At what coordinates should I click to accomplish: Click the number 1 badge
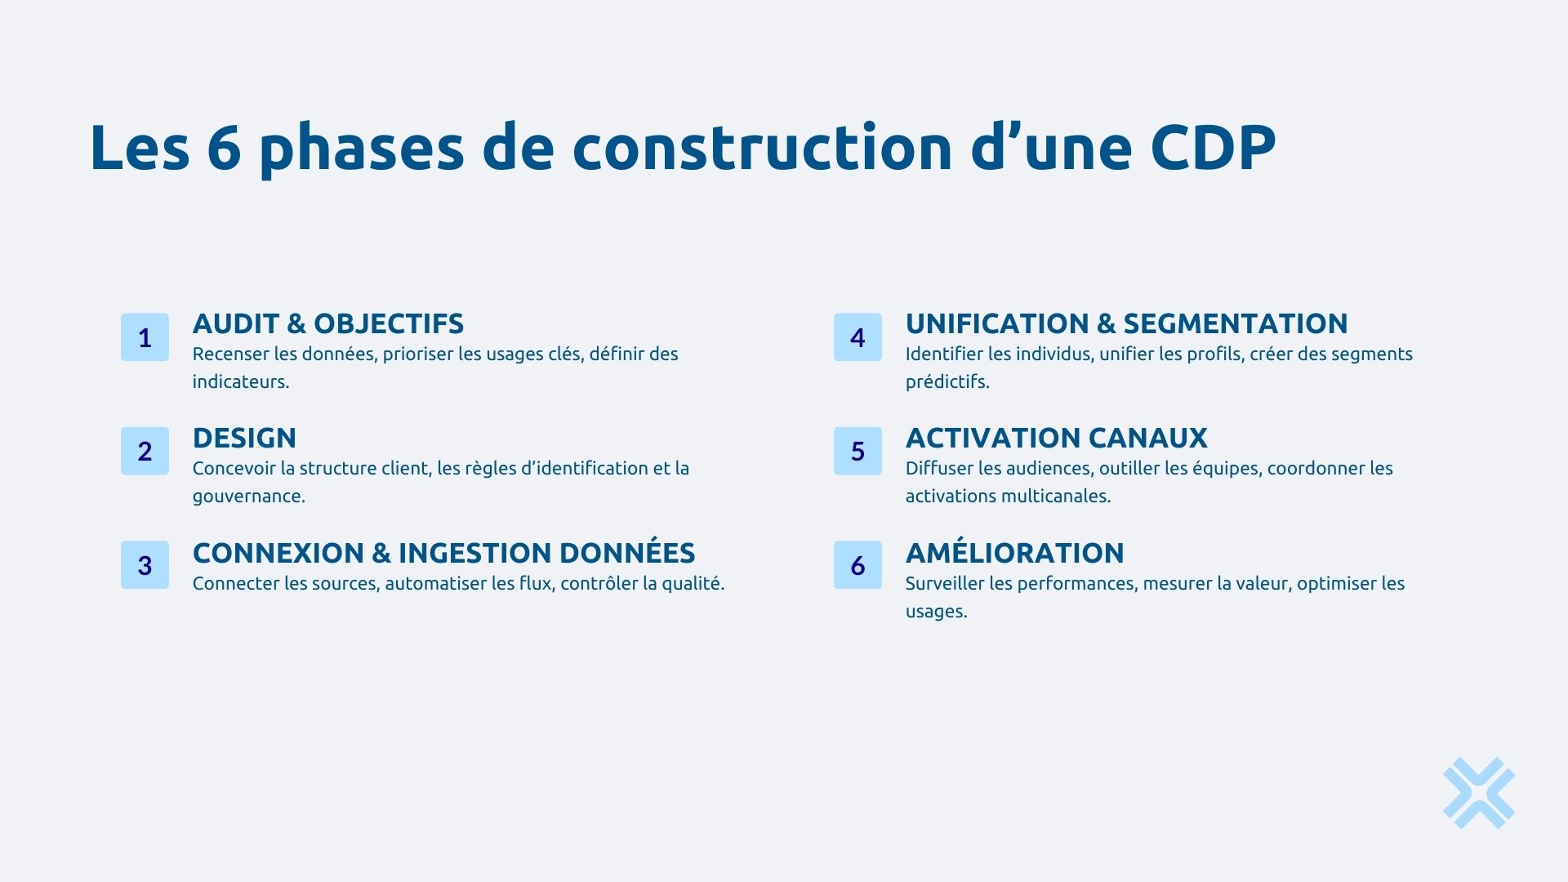coord(145,337)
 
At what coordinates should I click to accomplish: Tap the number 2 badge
coord(145,451)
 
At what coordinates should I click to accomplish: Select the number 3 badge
coord(145,565)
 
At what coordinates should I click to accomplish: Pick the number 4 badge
coord(857,337)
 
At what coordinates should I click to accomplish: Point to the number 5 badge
coord(857,451)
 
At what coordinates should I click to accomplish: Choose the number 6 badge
coord(857,565)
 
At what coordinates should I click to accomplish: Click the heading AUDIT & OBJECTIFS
coord(327,324)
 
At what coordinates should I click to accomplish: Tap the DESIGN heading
coord(244,439)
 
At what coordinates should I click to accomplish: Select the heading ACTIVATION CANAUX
coord(1056,439)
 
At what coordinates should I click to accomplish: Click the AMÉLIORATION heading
coord(1014,553)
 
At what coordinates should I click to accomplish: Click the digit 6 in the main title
coord(224,148)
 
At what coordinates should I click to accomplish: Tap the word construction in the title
coord(762,148)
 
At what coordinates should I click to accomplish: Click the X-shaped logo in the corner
coord(1478,793)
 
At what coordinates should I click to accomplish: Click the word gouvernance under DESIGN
coord(247,497)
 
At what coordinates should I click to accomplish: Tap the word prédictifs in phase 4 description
coord(947,382)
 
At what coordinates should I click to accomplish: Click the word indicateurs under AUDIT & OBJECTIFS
coord(240,382)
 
